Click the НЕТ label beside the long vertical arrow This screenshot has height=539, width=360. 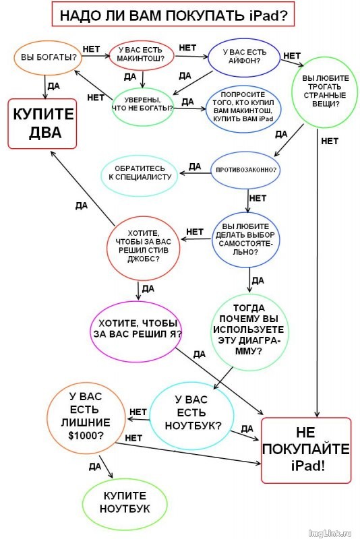330,141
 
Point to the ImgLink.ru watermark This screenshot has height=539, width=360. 330,533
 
